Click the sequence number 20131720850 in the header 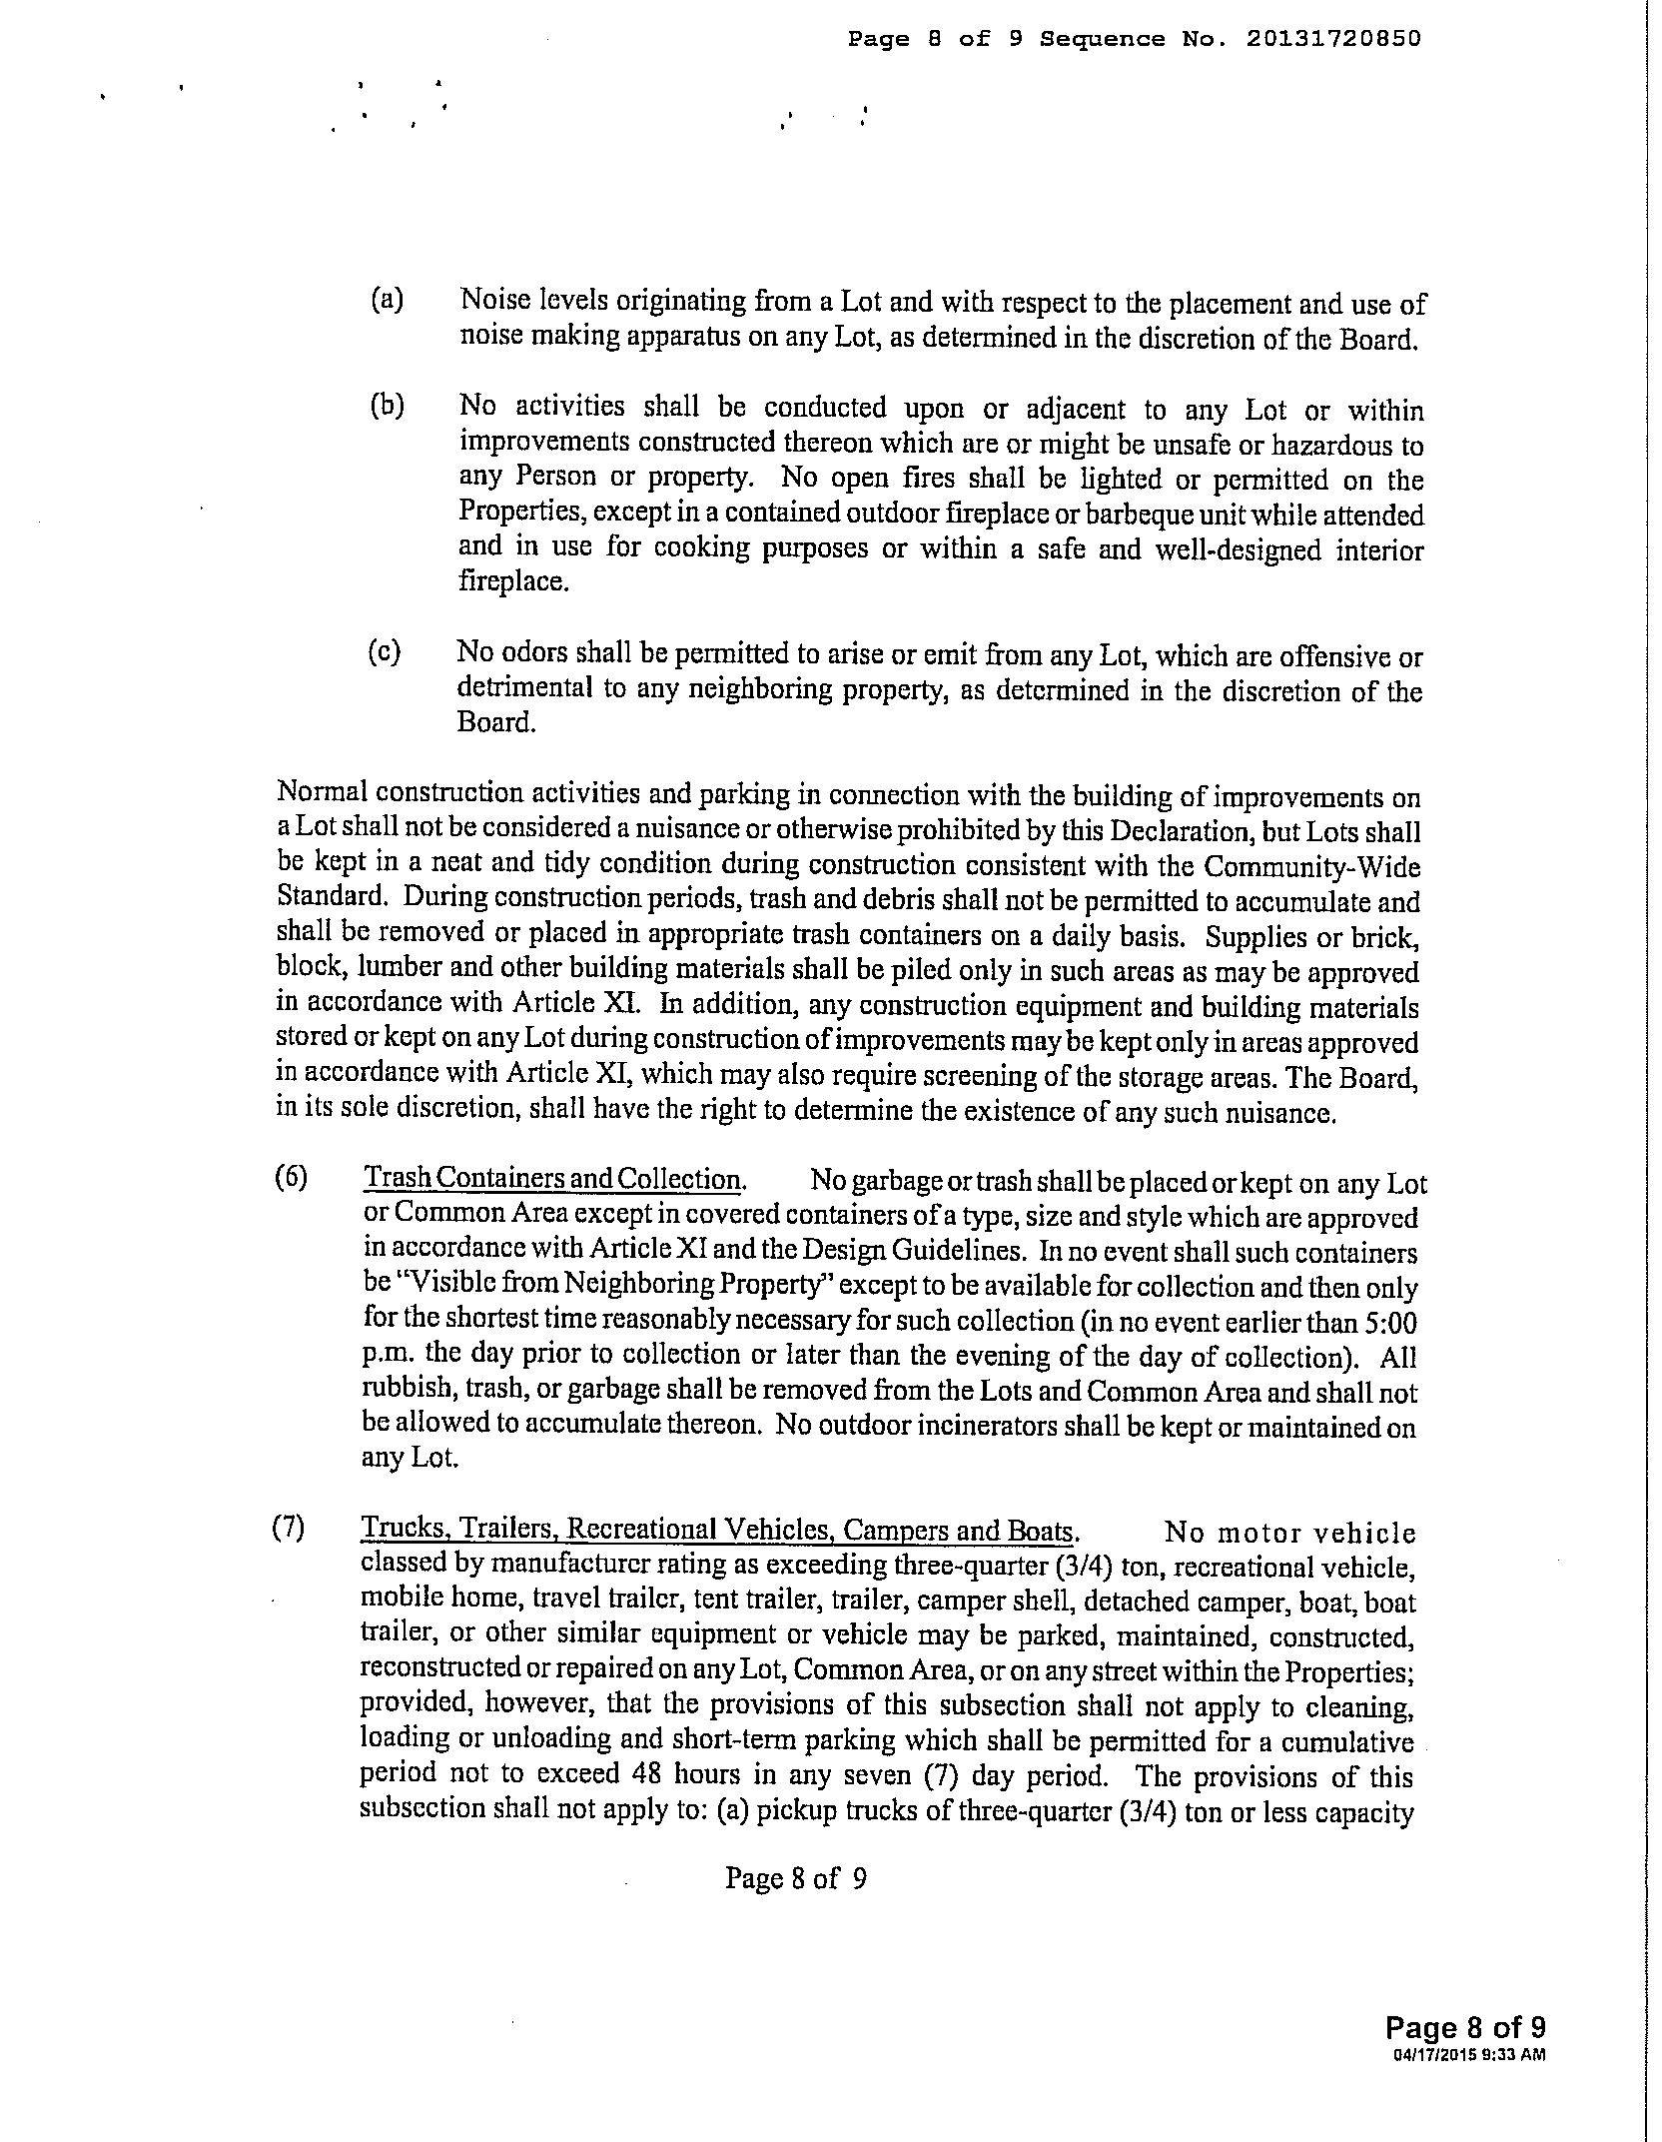pos(1332,39)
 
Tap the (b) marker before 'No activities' pos(387,406)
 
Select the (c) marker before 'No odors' pos(385,652)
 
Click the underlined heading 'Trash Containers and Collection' pos(553,1179)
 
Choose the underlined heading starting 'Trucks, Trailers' pos(718,1530)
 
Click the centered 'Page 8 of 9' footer pos(795,1879)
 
